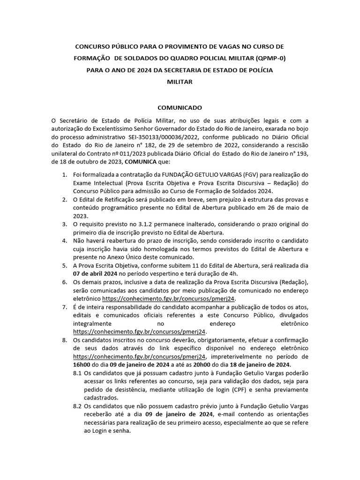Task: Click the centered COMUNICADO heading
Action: tap(180, 107)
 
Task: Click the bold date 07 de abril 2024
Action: tap(99, 273)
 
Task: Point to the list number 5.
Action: tap(64, 265)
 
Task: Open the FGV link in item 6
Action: tap(169, 298)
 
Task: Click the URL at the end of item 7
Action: tap(139, 331)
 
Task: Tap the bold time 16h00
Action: tap(82, 365)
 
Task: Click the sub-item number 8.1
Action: tap(78, 373)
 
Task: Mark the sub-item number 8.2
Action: tap(78, 406)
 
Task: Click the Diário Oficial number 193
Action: tap(302, 155)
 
